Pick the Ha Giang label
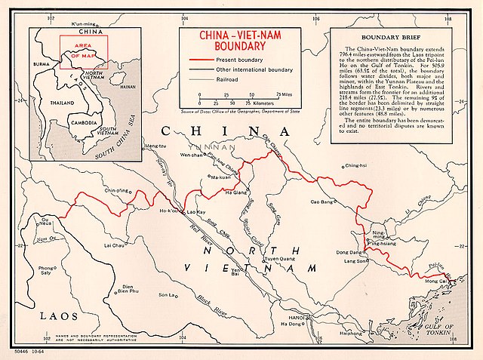(215, 194)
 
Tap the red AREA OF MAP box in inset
(90, 51)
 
